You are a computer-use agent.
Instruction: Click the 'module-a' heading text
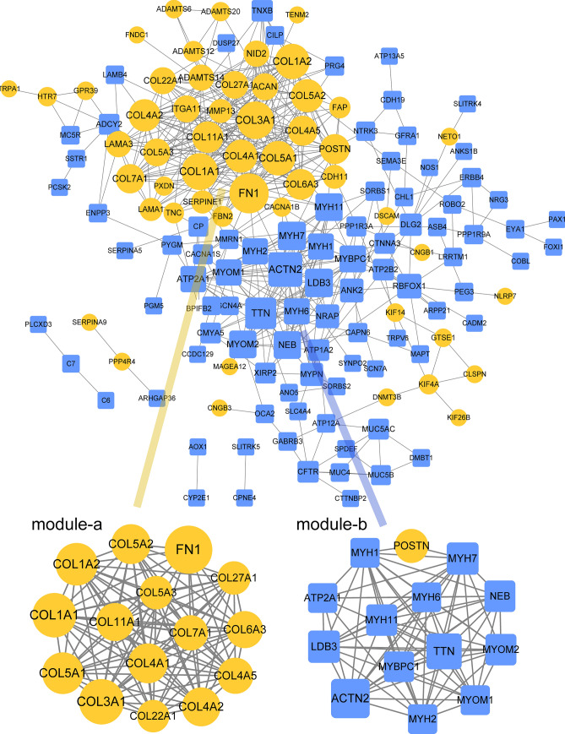point(67,525)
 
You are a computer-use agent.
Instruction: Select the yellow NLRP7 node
point(505,296)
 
